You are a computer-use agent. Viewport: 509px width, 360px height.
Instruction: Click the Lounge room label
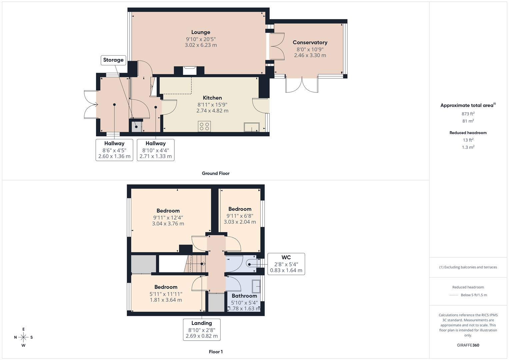click(x=201, y=32)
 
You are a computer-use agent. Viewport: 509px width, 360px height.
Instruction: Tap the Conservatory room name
click(x=310, y=42)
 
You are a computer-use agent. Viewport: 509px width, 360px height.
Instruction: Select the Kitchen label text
click(x=212, y=98)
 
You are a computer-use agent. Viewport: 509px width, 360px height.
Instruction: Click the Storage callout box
click(x=113, y=60)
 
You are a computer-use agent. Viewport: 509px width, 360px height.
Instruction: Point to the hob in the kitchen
click(x=204, y=126)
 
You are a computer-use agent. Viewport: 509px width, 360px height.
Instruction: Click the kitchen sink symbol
click(x=251, y=127)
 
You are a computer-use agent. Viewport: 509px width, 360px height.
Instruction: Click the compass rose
click(x=23, y=337)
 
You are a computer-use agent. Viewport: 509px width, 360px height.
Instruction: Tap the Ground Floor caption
click(x=215, y=173)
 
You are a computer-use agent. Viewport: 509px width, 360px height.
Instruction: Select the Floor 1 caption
click(x=215, y=352)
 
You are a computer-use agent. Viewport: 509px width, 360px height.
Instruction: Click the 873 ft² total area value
click(x=468, y=114)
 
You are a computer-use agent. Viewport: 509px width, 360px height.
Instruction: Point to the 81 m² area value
click(x=468, y=121)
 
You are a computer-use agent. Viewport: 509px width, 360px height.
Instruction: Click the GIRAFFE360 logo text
click(x=468, y=345)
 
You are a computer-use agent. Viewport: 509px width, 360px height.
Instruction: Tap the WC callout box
click(x=286, y=264)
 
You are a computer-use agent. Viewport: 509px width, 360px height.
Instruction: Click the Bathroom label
click(x=244, y=296)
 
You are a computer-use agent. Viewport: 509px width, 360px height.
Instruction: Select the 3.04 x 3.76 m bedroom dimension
click(x=168, y=224)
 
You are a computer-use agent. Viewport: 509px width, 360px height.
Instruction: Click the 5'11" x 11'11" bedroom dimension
click(x=166, y=294)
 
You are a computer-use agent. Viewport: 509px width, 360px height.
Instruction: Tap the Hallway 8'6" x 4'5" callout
click(x=114, y=150)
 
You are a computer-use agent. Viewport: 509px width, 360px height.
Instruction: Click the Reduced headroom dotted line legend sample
click(x=454, y=295)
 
